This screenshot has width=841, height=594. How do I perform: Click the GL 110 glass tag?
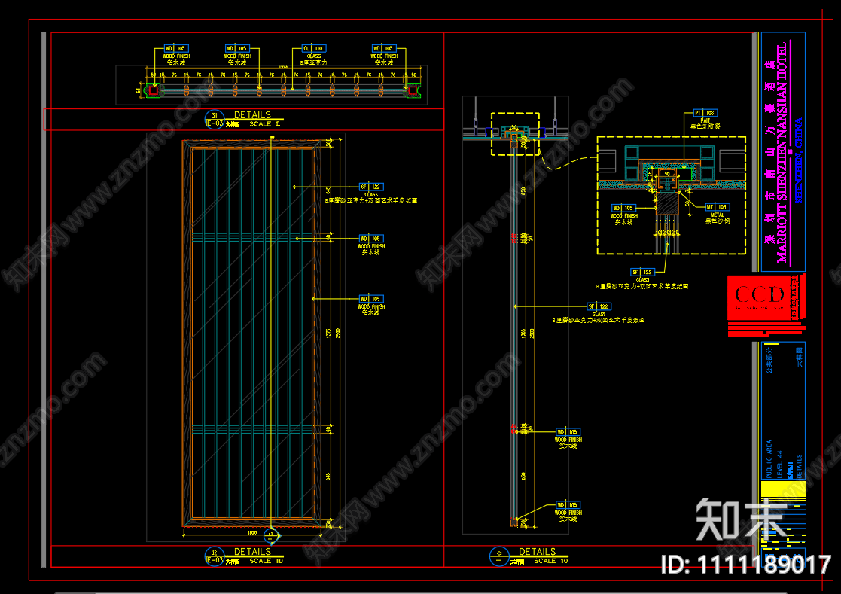pyautogui.click(x=312, y=47)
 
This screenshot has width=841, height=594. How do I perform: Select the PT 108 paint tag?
pyautogui.click(x=703, y=112)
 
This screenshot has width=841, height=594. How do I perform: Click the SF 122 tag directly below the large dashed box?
pyautogui.click(x=642, y=271)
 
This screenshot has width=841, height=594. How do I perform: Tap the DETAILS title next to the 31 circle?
pyautogui.click(x=252, y=115)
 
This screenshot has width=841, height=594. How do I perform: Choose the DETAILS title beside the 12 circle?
pyautogui.click(x=252, y=552)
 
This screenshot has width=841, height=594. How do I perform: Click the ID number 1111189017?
pyautogui.click(x=745, y=565)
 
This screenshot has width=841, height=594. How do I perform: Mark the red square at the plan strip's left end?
pyautogui.click(x=153, y=90)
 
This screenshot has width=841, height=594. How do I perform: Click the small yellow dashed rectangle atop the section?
pyautogui.click(x=515, y=134)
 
